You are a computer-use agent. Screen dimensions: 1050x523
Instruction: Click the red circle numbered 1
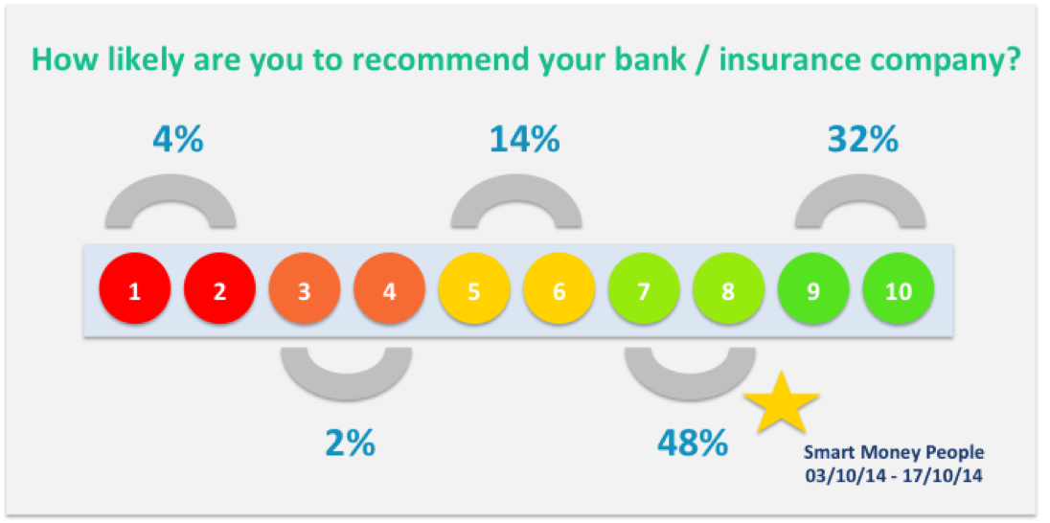134,292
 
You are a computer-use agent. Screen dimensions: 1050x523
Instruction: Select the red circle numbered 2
219,292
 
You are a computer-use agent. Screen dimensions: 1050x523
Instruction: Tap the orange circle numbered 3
305,292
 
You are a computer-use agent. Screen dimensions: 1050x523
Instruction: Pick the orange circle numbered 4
390,292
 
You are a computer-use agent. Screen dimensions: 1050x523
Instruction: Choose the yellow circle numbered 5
474,292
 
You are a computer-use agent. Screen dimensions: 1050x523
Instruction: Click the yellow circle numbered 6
559,292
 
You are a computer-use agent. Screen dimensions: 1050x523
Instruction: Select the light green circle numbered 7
644,292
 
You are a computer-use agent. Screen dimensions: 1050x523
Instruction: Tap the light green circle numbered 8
728,292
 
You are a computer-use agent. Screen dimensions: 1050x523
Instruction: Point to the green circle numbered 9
813,292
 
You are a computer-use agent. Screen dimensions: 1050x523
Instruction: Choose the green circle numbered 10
898,292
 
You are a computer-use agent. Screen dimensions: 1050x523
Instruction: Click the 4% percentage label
177,140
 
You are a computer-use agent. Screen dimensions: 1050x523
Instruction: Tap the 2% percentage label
351,443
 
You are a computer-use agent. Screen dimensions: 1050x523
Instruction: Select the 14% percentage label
524,140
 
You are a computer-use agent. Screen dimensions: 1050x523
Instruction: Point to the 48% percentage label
692,442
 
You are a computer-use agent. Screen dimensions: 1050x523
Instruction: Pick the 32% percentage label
862,140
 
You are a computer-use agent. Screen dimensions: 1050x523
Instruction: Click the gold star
782,403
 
